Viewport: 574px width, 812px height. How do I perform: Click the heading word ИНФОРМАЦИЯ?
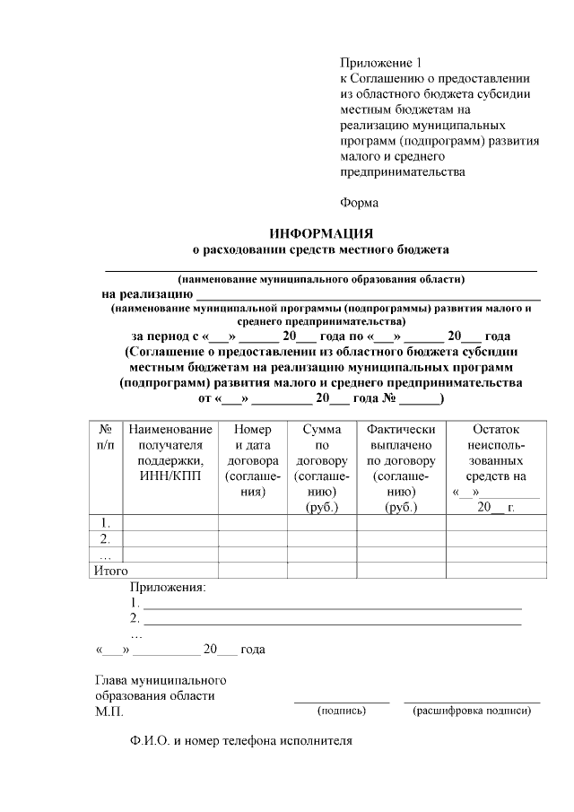click(x=321, y=232)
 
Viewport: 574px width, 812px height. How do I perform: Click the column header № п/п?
click(x=106, y=438)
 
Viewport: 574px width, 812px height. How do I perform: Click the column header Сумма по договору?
click(x=321, y=468)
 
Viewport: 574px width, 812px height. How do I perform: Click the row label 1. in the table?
click(x=106, y=522)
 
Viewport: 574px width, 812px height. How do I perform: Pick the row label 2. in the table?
click(x=106, y=538)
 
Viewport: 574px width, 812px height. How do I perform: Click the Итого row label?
click(x=111, y=571)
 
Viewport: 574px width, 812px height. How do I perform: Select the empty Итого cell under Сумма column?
click(x=321, y=571)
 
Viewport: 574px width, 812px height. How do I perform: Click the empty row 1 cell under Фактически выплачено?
click(x=402, y=522)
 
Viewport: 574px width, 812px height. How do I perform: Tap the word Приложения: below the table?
click(x=168, y=588)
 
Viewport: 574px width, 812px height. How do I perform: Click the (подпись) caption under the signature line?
click(x=342, y=711)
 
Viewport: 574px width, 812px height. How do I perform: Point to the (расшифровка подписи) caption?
click(x=472, y=711)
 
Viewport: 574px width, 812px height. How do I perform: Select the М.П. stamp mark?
click(x=109, y=712)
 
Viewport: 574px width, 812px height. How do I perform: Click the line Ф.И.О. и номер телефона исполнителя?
click(x=241, y=742)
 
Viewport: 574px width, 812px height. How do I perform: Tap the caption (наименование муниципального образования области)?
click(x=321, y=278)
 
